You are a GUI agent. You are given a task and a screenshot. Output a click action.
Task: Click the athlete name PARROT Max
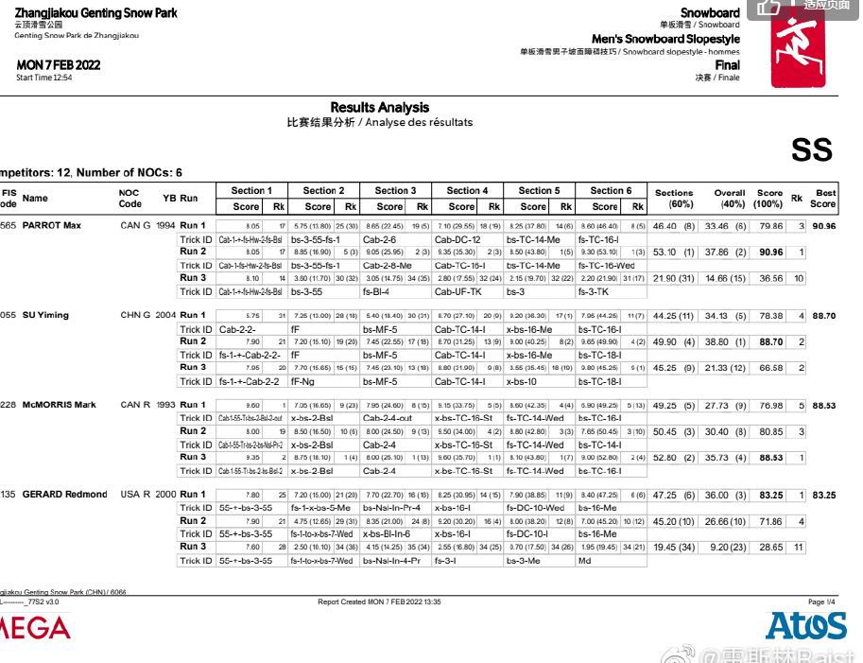pyautogui.click(x=52, y=226)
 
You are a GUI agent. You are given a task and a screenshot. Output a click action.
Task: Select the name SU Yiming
pyautogui.click(x=46, y=315)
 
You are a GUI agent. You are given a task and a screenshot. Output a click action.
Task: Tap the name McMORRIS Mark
pyautogui.click(x=60, y=405)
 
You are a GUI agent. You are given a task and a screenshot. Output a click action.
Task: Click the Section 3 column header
pyautogui.click(x=395, y=191)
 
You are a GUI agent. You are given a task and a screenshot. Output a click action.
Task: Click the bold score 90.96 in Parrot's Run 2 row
pyautogui.click(x=769, y=253)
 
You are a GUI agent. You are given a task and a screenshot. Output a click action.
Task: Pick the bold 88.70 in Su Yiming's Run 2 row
pyautogui.click(x=769, y=341)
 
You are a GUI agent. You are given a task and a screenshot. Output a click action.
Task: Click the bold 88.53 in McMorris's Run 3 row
pyautogui.click(x=769, y=457)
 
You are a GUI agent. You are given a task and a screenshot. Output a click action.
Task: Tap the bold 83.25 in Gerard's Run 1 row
pyautogui.click(x=769, y=495)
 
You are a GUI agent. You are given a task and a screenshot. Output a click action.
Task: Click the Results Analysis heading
pyautogui.click(x=379, y=108)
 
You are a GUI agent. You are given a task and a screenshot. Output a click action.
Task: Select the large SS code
pyautogui.click(x=811, y=150)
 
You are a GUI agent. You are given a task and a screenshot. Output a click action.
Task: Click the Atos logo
pyautogui.click(x=805, y=625)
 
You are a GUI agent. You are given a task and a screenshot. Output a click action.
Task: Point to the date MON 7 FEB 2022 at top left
pyautogui.click(x=58, y=65)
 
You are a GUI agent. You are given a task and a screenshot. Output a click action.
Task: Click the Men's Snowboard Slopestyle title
pyautogui.click(x=665, y=39)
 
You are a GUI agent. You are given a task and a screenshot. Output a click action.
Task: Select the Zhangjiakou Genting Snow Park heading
pyautogui.click(x=95, y=13)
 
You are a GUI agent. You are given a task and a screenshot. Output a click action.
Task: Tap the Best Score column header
pyautogui.click(x=824, y=198)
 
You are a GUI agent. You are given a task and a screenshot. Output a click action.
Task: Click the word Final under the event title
pyautogui.click(x=727, y=65)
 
